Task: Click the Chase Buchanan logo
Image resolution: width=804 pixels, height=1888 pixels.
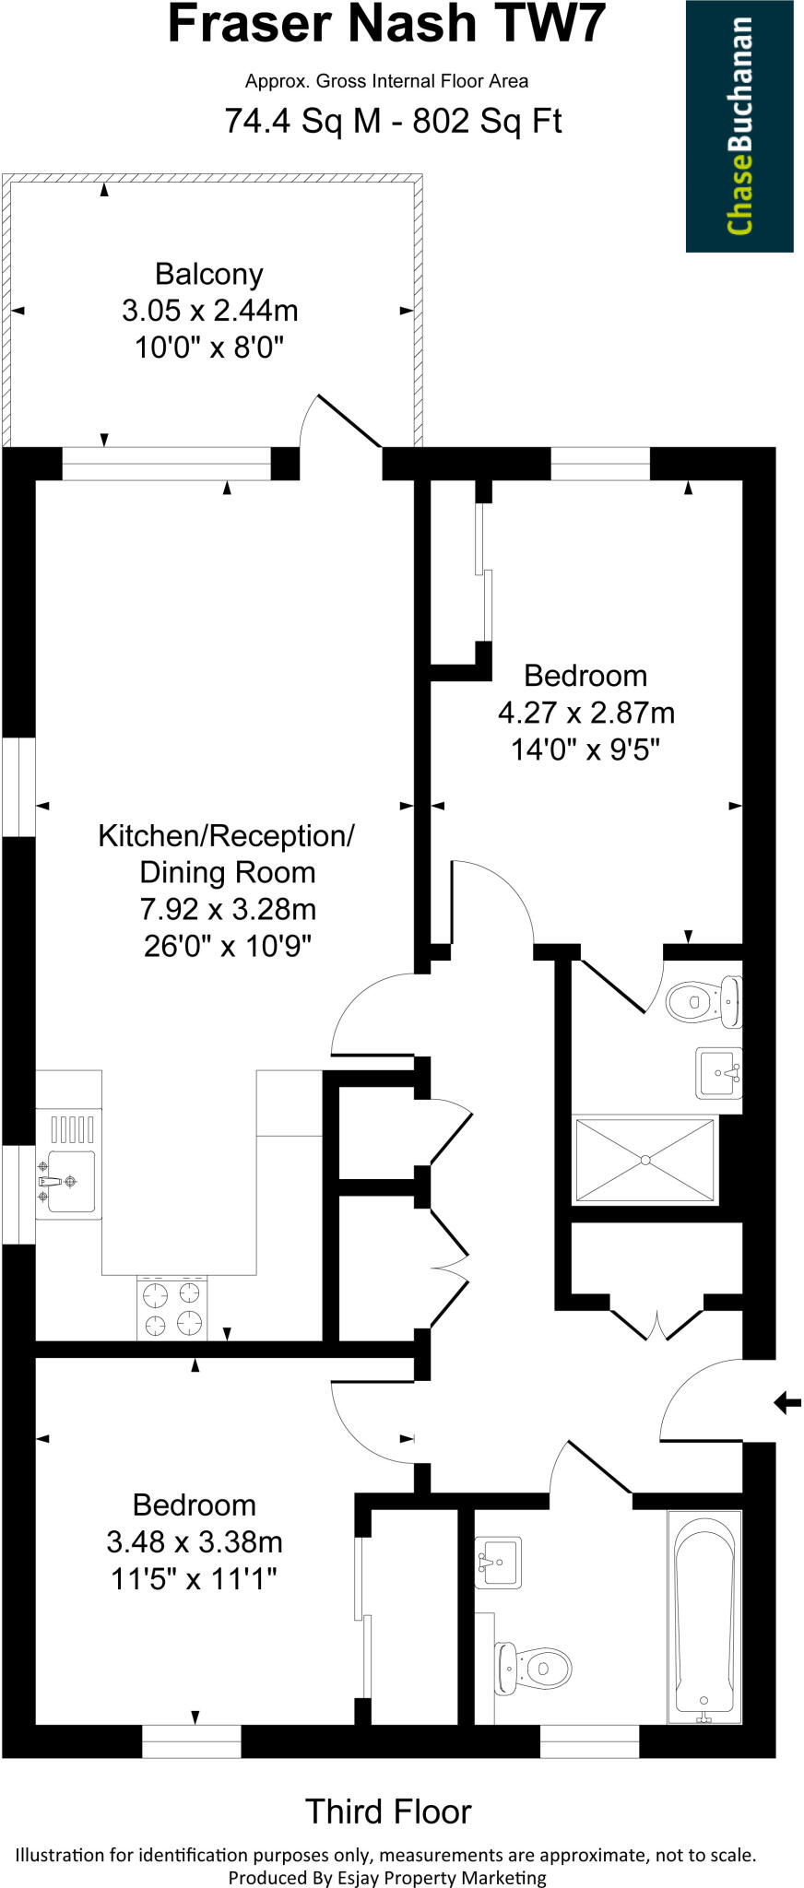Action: pos(739,126)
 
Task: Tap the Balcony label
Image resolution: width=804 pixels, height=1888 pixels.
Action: pos(209,274)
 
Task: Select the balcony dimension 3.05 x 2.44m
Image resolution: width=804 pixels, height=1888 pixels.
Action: pos(209,311)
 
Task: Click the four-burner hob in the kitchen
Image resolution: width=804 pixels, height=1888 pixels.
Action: pos(172,1307)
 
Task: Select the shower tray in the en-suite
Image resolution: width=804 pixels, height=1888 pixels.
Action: pos(644,1160)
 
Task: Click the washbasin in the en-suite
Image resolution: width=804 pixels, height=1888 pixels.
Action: pos(718,1073)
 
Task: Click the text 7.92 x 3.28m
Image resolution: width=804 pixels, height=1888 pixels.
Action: pos(228,909)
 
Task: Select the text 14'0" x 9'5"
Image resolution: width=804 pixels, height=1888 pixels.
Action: pos(586,749)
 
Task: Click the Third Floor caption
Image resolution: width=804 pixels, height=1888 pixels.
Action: pos(388,1811)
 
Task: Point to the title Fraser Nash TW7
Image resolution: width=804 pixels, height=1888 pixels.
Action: pos(386,25)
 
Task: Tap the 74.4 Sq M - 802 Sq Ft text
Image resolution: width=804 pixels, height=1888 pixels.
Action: pos(393,121)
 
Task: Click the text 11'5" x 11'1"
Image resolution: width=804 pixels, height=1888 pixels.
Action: pos(195,1579)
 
